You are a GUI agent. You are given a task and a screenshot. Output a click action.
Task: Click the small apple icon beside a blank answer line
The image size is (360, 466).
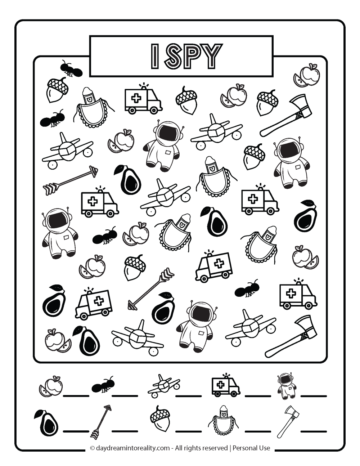51,386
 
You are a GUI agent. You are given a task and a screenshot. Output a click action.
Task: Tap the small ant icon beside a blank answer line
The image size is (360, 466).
103,386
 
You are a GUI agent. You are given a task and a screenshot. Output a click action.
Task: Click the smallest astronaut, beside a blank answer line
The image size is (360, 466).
287,386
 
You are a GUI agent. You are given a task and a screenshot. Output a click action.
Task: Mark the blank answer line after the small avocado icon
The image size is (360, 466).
76,430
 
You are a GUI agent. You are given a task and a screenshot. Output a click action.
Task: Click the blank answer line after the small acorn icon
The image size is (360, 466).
188,430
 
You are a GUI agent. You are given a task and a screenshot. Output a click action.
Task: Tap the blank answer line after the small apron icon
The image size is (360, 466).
258,430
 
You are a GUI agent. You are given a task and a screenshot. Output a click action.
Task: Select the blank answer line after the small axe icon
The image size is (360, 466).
314,430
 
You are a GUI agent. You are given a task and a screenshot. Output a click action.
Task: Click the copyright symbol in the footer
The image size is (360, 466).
92,448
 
